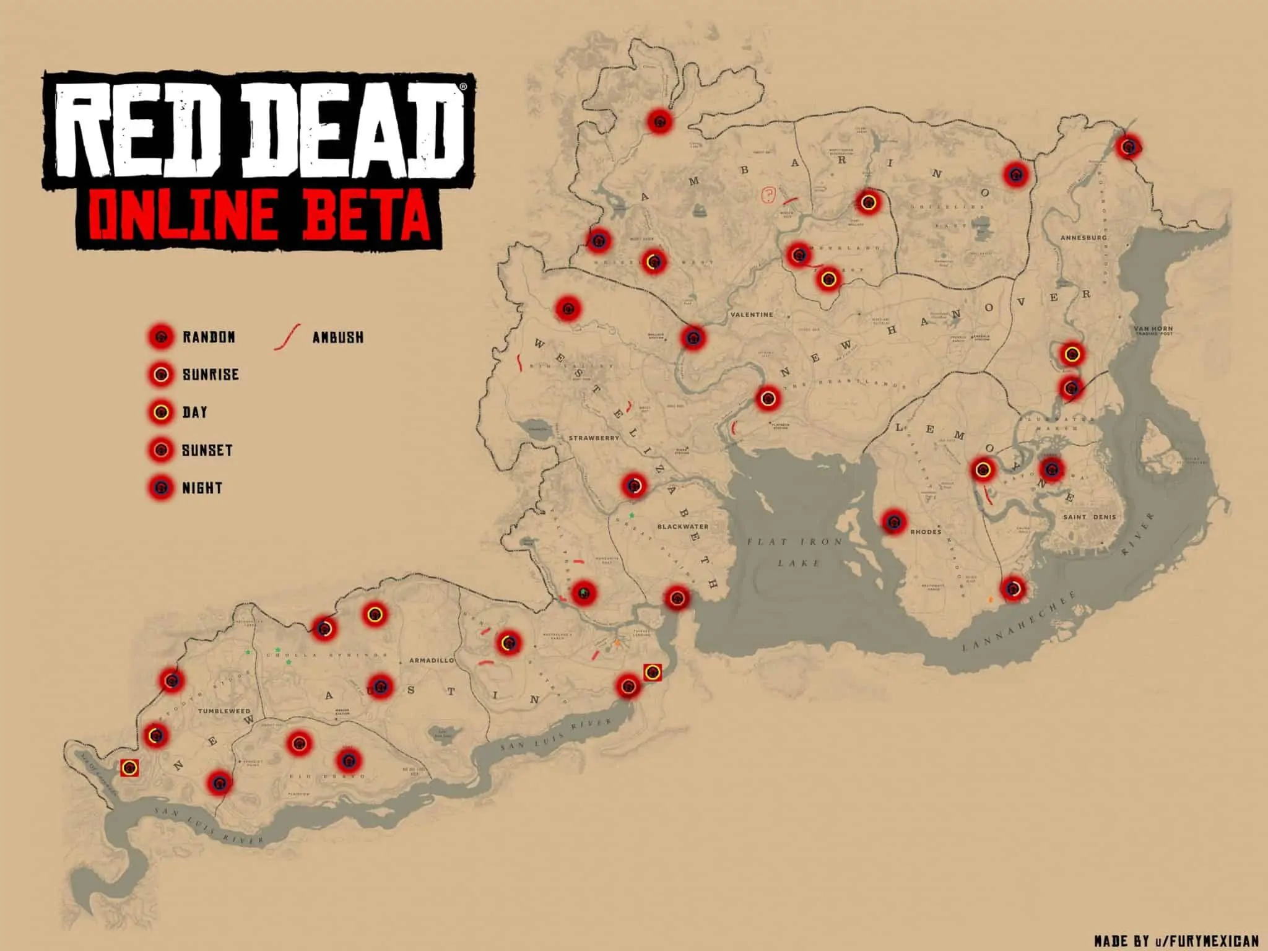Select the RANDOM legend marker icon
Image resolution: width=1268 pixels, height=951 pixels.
click(x=162, y=337)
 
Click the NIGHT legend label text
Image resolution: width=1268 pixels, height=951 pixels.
click(x=202, y=488)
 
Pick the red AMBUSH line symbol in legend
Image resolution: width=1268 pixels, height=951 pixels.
click(x=287, y=337)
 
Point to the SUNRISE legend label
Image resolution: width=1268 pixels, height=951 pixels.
click(x=211, y=375)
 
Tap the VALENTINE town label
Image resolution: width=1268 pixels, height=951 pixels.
click(x=752, y=315)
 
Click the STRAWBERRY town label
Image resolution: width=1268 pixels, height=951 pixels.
click(x=594, y=438)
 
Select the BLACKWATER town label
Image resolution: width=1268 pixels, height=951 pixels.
click(x=682, y=526)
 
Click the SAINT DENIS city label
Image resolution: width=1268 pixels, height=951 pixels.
click(x=1090, y=517)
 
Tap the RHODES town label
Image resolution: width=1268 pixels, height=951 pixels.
click(x=926, y=532)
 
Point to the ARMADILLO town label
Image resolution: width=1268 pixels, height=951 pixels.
click(x=432, y=661)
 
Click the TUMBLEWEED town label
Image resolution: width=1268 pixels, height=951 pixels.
click(x=224, y=711)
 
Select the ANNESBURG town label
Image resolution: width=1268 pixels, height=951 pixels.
click(x=1083, y=238)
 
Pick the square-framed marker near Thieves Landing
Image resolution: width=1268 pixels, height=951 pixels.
click(x=652, y=672)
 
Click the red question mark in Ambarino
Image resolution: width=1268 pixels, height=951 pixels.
click(x=768, y=196)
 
